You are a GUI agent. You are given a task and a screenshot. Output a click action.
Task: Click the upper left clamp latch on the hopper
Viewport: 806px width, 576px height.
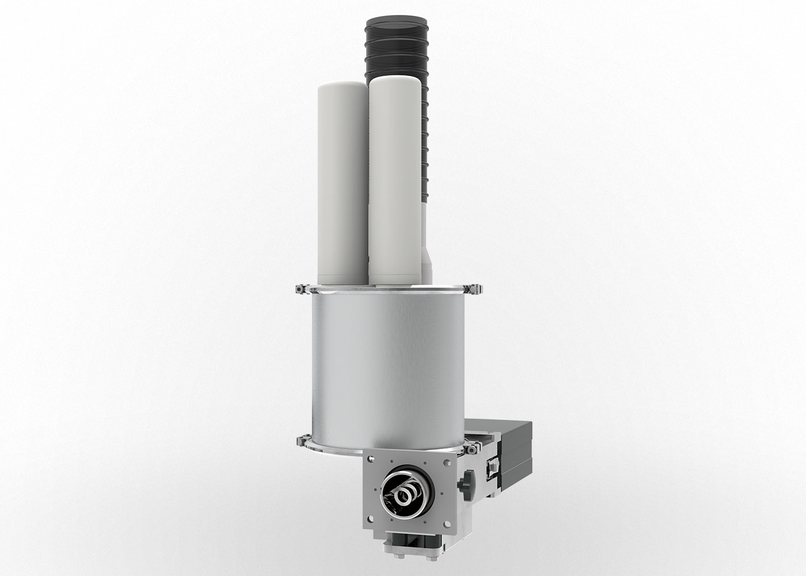[x=300, y=289]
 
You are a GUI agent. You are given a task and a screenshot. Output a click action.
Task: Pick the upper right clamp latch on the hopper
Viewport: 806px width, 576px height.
[x=474, y=289]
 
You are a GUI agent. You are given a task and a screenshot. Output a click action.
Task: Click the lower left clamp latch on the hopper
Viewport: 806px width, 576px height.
[x=300, y=442]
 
